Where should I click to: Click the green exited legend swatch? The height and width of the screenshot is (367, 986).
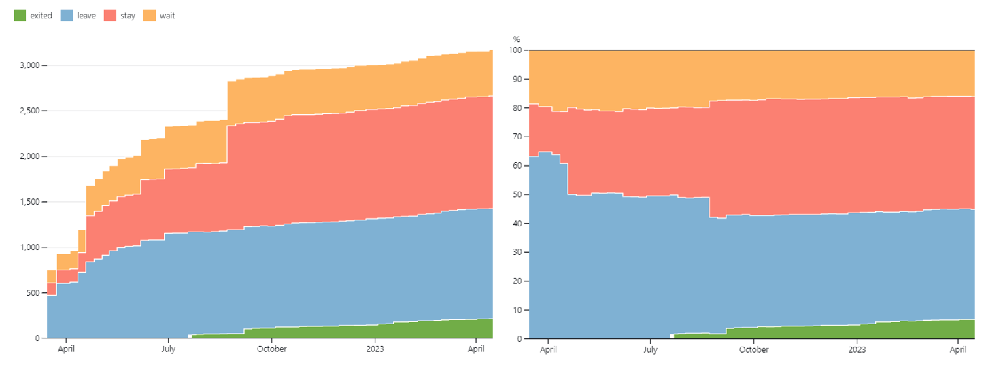pos(20,16)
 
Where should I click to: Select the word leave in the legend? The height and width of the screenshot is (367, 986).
pos(86,16)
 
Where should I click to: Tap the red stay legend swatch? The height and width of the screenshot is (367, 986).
pos(110,16)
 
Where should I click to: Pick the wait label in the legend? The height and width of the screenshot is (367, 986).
pos(167,16)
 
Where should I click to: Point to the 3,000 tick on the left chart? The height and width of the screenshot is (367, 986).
pos(29,65)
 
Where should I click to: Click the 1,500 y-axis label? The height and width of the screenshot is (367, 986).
pos(29,202)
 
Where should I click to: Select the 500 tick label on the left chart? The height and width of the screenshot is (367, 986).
pos(33,293)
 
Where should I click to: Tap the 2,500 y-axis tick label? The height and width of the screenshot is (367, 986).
pos(29,111)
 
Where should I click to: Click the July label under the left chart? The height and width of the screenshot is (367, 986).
pos(168,349)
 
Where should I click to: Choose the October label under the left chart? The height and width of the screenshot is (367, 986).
pos(271,349)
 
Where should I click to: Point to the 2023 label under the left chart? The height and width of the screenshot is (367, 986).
pos(375,349)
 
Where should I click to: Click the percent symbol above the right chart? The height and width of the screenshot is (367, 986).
pos(517,39)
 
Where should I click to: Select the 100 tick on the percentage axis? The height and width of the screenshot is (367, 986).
pos(515,50)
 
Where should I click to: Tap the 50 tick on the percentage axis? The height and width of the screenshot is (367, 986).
pos(517,194)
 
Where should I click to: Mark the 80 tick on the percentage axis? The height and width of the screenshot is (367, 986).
pos(517,108)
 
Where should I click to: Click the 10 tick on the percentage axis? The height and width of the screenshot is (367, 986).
pos(517,310)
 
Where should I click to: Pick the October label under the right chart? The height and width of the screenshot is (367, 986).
pos(753,349)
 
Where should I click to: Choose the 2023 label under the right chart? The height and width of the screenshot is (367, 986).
pos(857,349)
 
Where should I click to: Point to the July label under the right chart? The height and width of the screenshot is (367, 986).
pos(650,349)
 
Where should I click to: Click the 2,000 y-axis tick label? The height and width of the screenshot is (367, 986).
pos(29,156)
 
